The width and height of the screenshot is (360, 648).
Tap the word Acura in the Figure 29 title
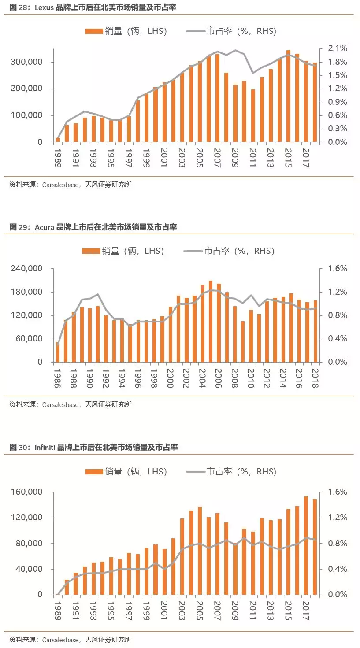[44, 227]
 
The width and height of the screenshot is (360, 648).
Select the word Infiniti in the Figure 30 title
[45, 448]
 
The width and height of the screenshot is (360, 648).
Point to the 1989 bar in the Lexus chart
[58, 140]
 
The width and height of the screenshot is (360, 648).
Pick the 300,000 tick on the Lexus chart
[27, 62]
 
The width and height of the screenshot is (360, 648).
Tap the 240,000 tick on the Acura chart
[27, 269]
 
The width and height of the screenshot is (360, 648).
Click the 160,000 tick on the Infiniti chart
[27, 492]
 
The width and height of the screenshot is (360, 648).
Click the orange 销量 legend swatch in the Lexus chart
[93, 31]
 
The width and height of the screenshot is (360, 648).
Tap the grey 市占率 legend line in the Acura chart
[192, 251]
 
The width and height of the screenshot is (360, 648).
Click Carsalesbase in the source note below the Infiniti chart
[60, 640]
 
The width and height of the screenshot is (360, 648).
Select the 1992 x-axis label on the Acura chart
[105, 378]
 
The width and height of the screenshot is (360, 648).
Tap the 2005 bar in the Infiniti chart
[200, 551]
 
